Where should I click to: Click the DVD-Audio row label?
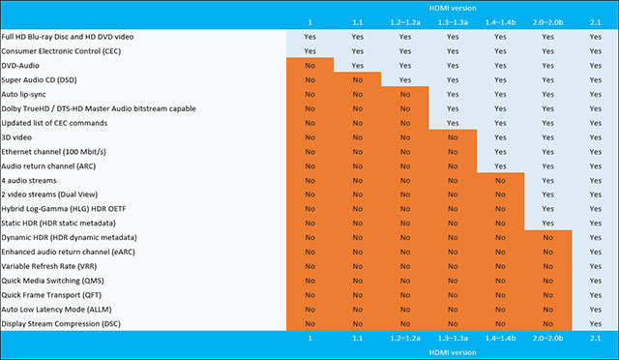[24, 64]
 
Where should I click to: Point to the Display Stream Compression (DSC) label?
[59, 323]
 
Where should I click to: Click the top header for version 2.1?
[594, 20]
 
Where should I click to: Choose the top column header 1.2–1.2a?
[405, 20]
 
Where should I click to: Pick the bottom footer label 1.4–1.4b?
[500, 339]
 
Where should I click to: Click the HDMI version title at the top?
[452, 7]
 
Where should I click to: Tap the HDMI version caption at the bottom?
[452, 352]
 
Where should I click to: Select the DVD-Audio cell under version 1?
[309, 64]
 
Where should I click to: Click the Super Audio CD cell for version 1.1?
[357, 78]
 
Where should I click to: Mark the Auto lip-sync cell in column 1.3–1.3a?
[453, 93]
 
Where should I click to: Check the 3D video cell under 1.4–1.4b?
[500, 136]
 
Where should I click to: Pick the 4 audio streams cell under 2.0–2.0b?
[547, 180]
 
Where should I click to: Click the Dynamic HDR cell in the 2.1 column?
[594, 237]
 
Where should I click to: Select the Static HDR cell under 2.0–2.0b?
[547, 223]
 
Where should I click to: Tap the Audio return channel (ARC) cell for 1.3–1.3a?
[453, 165]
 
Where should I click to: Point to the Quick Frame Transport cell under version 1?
[309, 294]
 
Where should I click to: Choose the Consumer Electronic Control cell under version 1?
[309, 49]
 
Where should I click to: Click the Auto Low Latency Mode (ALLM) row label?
[56, 309]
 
